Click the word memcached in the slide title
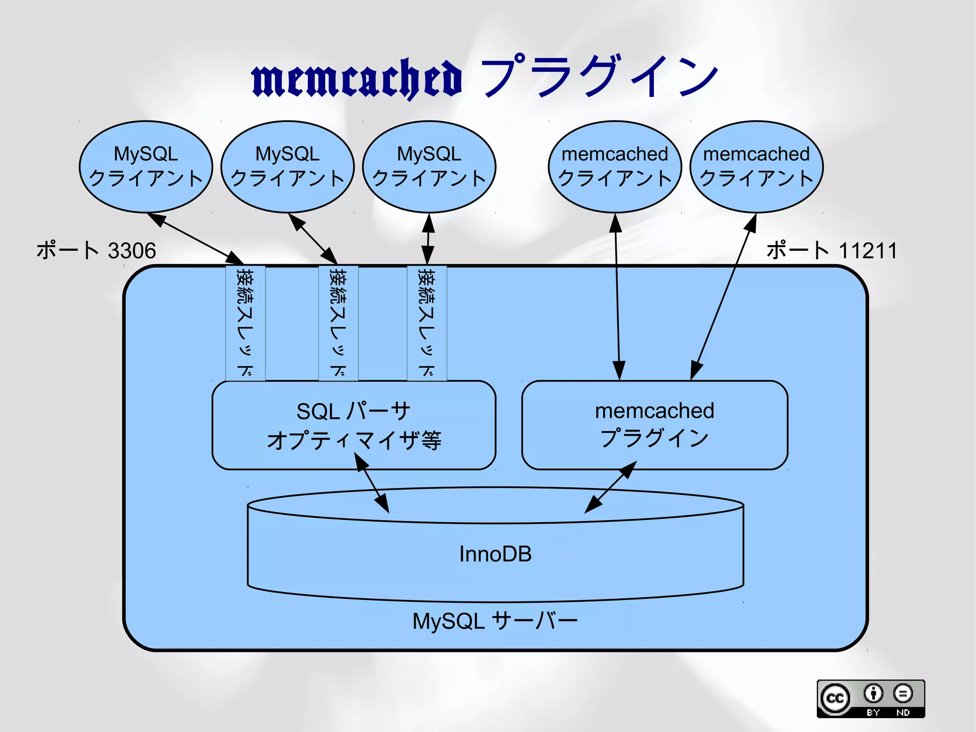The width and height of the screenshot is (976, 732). [356, 79]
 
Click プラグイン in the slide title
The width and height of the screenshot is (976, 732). [599, 76]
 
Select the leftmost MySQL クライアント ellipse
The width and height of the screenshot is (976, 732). [146, 167]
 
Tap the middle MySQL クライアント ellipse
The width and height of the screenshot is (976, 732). [287, 167]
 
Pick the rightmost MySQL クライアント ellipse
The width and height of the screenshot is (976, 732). [429, 167]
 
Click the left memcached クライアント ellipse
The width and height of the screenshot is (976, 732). [615, 167]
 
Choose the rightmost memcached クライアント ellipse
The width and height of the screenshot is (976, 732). [756, 167]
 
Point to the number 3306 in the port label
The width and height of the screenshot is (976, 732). [132, 251]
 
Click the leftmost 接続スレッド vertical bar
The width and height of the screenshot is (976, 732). [245, 323]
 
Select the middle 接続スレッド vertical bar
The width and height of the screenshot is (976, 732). [338, 323]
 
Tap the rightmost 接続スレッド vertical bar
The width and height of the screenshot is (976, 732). [427, 323]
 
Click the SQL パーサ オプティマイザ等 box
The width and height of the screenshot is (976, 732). [354, 425]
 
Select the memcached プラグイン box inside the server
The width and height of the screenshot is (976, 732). [654, 425]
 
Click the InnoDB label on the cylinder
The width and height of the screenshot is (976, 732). [495, 554]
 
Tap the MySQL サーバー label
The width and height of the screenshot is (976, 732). [495, 621]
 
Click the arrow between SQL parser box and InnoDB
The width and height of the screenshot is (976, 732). [372, 483]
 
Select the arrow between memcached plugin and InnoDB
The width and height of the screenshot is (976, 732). [611, 487]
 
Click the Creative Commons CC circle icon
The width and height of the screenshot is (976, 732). [834, 698]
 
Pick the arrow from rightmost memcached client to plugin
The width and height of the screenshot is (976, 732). [723, 297]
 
